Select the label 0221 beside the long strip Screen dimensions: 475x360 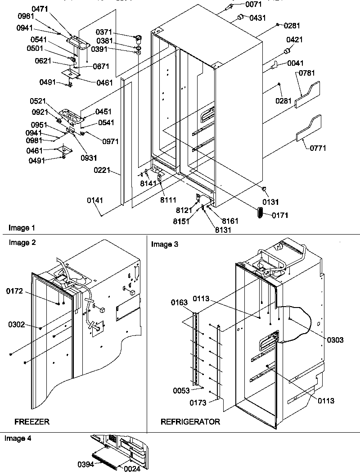tap(102, 171)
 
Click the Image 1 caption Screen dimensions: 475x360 tap(21, 228)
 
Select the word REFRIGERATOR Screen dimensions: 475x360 tap(190, 422)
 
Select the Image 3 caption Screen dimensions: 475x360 tap(165, 244)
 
